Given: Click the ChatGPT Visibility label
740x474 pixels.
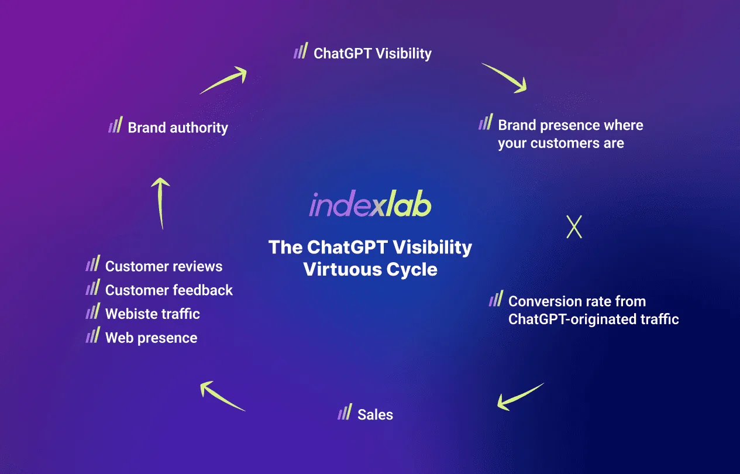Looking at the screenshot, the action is (372, 54).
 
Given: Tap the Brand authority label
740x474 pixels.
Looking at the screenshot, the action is (178, 128).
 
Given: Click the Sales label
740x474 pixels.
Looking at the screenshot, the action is (376, 414).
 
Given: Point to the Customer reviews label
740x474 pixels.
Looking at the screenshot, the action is (164, 266).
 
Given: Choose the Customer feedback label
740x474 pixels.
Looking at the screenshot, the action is (169, 290).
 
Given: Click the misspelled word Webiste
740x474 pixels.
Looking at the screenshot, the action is (129, 314).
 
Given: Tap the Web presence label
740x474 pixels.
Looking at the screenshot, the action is (152, 338).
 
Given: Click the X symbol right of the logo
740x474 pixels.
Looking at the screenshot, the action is (574, 226).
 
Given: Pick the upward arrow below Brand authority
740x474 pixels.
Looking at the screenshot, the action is (161, 202).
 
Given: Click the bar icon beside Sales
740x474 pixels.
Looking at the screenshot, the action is (345, 411).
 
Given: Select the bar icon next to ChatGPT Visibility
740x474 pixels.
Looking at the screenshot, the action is (301, 50).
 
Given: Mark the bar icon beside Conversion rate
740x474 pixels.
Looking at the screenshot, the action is (496, 298).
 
